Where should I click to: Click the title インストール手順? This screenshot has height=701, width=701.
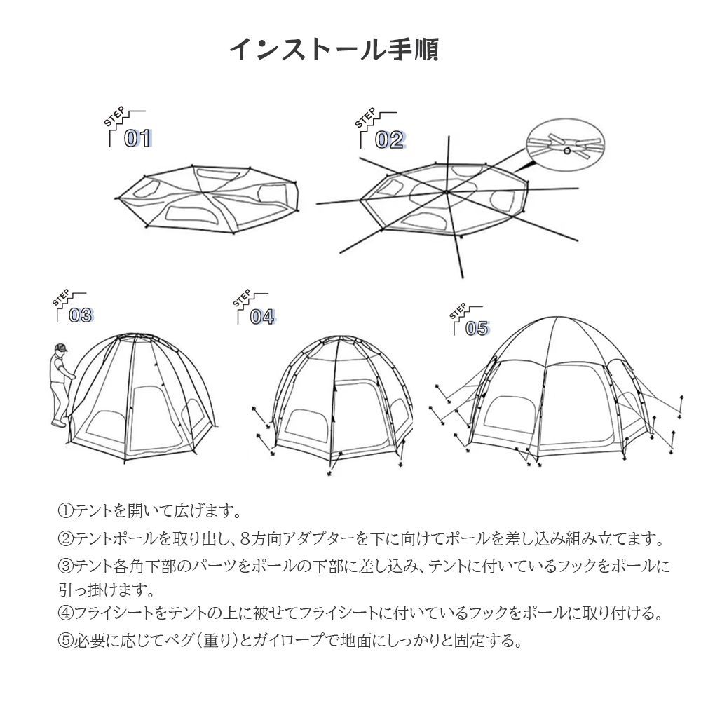coord(334,49)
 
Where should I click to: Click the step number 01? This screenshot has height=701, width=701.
coord(137,138)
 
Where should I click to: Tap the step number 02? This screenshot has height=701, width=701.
coord(389,140)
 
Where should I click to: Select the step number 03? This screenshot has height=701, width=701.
coord(81,315)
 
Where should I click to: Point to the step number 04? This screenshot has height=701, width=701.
coord(262,317)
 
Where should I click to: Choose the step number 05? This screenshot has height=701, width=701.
coord(477,329)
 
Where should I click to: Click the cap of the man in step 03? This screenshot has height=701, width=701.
coord(60,348)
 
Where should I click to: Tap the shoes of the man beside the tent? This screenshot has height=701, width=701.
coord(59,423)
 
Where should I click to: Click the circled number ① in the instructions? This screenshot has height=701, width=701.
coord(66,510)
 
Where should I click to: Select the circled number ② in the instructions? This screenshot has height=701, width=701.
coord(66,538)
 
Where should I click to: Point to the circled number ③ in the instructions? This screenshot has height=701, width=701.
coord(66,566)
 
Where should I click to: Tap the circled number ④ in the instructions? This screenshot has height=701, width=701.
coord(66,613)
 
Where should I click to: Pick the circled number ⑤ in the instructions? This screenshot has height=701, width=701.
coord(66,641)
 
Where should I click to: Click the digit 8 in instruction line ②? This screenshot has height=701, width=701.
coord(245,538)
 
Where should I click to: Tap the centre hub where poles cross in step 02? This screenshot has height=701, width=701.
coord(446,192)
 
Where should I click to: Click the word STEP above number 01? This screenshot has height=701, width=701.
coord(114,116)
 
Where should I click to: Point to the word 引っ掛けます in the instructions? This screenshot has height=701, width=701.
coord(107,590)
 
